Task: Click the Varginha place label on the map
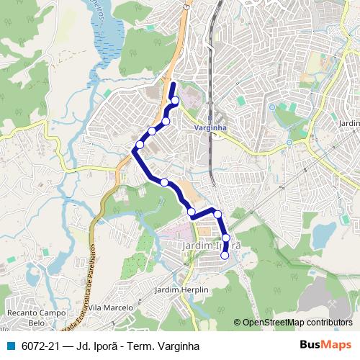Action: (x=211, y=127)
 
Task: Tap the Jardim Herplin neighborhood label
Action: (x=181, y=289)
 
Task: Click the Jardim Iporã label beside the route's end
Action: (x=211, y=246)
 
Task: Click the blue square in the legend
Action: (x=12, y=344)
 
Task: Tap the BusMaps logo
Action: (x=326, y=343)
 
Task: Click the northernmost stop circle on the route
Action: (x=174, y=100)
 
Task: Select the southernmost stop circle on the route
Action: (x=225, y=255)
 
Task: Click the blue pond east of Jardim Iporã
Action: (x=323, y=233)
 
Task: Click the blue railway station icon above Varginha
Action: (x=210, y=117)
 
